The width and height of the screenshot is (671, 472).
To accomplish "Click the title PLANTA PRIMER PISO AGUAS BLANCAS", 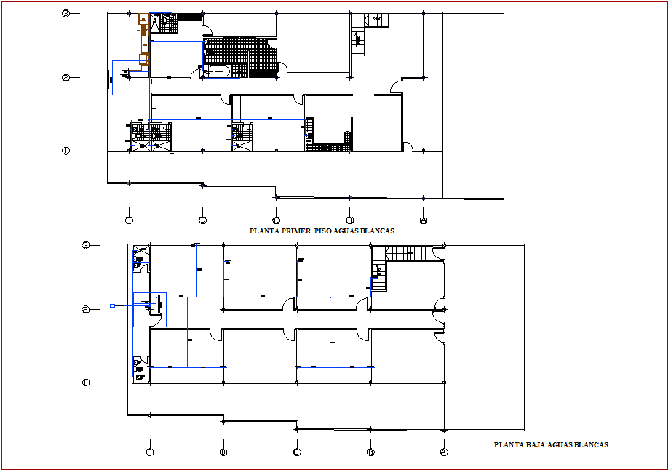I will click(x=322, y=231).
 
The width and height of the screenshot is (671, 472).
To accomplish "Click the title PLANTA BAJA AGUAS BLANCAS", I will click(x=551, y=444).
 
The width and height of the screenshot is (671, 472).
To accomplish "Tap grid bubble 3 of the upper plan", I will click(x=65, y=13).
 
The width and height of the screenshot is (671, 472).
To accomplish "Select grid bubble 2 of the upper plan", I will click(x=65, y=78).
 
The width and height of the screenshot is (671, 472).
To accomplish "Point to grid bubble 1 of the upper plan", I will click(x=65, y=151).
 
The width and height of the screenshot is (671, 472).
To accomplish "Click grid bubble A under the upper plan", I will click(x=423, y=219).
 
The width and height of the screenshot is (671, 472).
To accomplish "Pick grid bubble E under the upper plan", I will click(x=129, y=219).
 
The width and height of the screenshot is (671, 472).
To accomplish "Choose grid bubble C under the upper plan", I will click(x=276, y=219).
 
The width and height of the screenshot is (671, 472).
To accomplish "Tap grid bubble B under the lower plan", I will click(x=370, y=452).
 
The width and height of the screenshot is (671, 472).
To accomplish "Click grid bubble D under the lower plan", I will click(x=223, y=452).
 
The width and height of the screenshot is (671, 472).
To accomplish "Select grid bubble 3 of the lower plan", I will click(x=86, y=245).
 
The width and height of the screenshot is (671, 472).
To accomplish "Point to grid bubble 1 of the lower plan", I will click(x=86, y=382).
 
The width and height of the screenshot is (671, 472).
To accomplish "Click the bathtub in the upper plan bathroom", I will click(x=218, y=71).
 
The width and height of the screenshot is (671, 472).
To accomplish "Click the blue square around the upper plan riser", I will click(x=130, y=78).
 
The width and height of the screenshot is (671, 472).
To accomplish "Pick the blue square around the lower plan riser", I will click(x=149, y=309).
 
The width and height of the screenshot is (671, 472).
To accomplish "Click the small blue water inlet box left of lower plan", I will click(x=112, y=306).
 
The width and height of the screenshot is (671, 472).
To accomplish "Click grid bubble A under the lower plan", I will click(x=444, y=452).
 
